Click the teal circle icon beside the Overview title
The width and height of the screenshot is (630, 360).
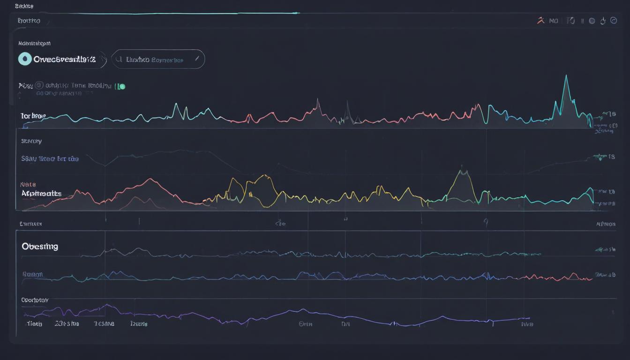24,59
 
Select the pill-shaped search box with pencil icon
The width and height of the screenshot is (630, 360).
158,60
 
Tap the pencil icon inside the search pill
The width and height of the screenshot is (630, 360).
197,59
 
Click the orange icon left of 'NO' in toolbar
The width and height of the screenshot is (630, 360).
540,21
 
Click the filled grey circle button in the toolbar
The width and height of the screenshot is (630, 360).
592,21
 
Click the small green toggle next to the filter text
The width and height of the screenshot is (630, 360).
121,86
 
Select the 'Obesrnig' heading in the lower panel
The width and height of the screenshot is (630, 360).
40,247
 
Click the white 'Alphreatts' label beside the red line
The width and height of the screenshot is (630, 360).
41,193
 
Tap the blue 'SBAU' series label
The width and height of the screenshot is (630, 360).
50,159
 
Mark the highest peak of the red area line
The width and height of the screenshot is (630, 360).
150,180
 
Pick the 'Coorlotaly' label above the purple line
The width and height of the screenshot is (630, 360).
35,300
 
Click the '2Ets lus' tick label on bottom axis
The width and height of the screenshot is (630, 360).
67,323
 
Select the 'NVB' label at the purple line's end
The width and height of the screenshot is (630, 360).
527,323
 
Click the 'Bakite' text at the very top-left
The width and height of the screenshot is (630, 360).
24,6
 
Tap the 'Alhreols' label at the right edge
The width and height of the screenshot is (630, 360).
606,224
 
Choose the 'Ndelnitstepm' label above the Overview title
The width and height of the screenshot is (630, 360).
34,43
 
